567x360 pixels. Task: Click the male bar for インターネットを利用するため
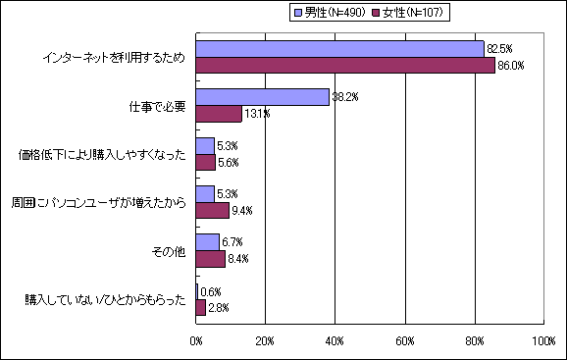click(x=339, y=49)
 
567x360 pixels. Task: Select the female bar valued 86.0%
click(x=345, y=66)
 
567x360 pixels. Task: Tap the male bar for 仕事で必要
click(x=262, y=97)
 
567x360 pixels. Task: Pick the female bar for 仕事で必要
click(x=219, y=114)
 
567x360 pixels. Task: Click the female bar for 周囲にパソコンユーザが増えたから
click(x=212, y=210)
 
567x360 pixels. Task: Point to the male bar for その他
click(x=207, y=242)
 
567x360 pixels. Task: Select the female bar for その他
click(x=210, y=259)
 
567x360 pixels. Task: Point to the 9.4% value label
click(x=242, y=211)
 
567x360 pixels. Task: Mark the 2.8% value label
click(x=219, y=308)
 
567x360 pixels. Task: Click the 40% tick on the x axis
click(x=335, y=340)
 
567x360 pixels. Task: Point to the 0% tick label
click(x=196, y=340)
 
